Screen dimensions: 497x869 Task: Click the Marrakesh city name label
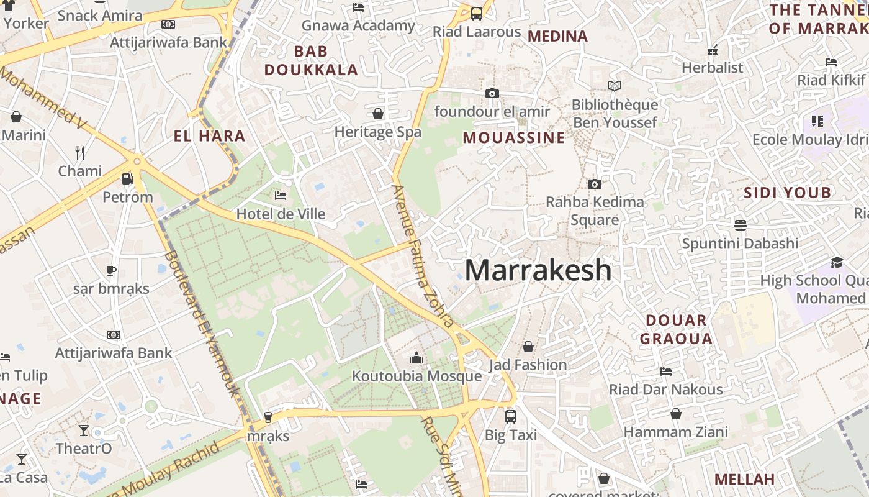(538, 270)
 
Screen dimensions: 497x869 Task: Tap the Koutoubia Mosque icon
(416, 358)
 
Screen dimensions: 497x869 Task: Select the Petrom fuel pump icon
(128, 179)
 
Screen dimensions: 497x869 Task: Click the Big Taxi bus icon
(510, 416)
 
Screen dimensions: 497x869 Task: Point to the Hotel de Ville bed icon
(281, 196)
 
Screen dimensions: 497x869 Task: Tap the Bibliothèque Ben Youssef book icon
(615, 86)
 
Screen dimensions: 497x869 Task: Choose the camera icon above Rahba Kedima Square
(595, 184)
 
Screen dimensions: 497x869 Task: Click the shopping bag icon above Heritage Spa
(377, 114)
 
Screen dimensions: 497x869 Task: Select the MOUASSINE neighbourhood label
(514, 137)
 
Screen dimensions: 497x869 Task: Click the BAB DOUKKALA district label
(311, 60)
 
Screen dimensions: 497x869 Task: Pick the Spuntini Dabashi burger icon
(740, 225)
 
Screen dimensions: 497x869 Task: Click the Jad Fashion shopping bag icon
(528, 347)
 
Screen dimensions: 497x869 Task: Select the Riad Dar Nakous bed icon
(666, 372)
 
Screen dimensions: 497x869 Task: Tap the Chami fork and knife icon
(80, 152)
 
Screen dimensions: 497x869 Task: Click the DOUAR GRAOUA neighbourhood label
(676, 329)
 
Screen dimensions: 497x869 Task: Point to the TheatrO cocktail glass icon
(84, 430)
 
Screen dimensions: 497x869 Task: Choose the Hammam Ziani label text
(675, 432)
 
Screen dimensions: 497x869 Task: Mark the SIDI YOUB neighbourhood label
(787, 193)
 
